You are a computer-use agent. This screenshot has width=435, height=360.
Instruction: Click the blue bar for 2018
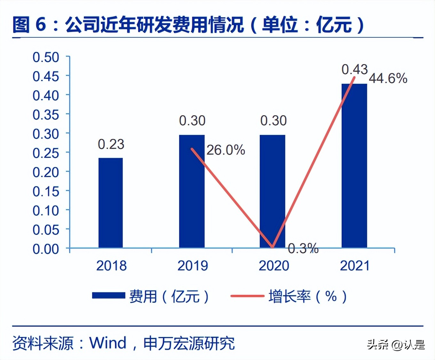click(110, 203)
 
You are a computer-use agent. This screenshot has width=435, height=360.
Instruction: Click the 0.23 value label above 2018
click(111, 145)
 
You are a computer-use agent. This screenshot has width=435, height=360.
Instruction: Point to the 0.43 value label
click(354, 69)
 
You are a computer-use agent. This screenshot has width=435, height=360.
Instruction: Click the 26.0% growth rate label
click(225, 150)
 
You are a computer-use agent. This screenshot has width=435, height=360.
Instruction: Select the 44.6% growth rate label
click(388, 78)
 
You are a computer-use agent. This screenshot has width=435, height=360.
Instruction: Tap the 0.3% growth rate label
click(303, 248)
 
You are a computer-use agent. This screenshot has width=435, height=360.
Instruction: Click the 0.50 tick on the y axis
click(46, 58)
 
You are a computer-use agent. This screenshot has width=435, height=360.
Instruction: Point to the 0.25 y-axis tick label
click(46, 153)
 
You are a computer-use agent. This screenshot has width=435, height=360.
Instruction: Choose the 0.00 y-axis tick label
click(46, 249)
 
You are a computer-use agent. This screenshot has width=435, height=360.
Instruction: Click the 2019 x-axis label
click(193, 266)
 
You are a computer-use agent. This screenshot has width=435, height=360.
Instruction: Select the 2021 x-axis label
click(354, 266)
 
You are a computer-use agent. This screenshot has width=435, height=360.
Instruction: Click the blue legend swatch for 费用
click(108, 296)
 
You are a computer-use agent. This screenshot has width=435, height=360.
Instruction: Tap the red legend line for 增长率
click(247, 296)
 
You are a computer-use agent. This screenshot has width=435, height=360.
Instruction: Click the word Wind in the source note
click(108, 343)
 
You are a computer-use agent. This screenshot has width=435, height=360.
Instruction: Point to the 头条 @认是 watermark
click(396, 345)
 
